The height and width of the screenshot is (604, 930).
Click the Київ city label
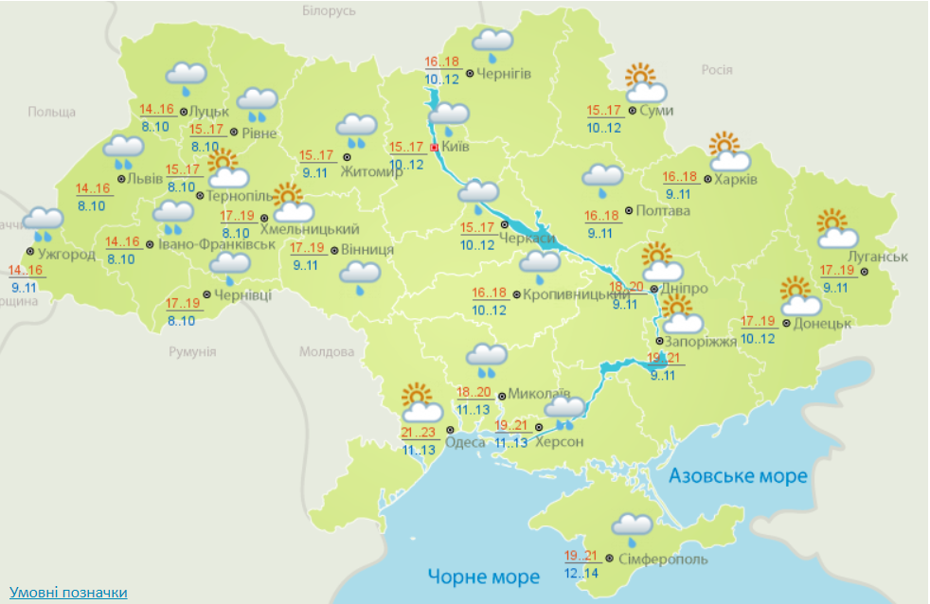coord(456,147)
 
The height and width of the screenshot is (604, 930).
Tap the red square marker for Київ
coord(435,148)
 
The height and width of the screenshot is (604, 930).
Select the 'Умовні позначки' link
coord(68,593)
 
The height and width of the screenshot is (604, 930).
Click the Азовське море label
coord(739,475)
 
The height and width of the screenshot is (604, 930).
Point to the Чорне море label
coord(483,576)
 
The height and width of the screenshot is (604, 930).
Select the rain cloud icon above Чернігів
coord(492,43)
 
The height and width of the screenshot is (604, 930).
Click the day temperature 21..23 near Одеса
coord(418,434)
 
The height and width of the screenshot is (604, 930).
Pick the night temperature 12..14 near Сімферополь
coord(582,574)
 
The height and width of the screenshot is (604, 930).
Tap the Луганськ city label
coord(879,257)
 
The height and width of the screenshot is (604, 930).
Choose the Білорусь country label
coord(329,10)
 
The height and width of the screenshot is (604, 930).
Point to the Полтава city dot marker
coord(630,210)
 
